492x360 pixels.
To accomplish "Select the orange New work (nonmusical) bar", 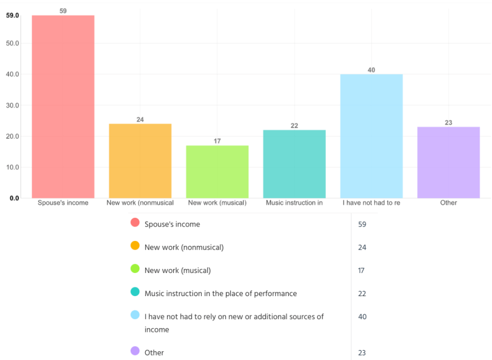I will click(140, 161).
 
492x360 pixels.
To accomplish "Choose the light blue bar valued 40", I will click(371, 136).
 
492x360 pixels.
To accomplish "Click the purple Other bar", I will click(449, 162).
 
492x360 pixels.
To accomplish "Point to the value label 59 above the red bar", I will click(63, 10).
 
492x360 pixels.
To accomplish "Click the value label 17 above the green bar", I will click(217, 141).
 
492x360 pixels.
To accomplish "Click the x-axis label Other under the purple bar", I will click(449, 203).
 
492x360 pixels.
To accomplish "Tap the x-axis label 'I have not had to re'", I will click(371, 203).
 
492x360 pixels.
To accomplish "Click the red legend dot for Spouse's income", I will click(135, 222).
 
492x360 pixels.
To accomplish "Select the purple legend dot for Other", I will click(135, 351).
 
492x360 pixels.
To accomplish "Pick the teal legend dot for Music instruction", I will click(135, 291).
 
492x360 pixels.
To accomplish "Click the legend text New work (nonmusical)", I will click(184, 247).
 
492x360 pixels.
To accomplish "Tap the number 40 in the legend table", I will click(362, 317).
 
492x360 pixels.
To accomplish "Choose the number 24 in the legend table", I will click(362, 247).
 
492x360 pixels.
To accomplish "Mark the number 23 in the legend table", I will click(362, 353).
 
